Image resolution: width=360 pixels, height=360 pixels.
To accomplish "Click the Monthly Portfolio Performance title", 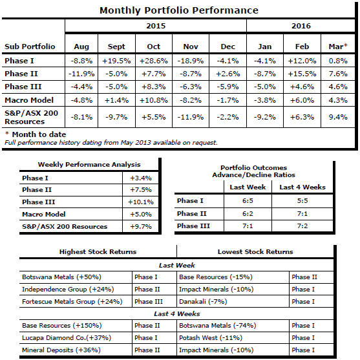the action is coord(179,10).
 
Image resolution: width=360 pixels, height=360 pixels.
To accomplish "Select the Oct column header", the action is coord(154,47).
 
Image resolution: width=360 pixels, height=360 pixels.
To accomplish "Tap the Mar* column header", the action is coord(338,47).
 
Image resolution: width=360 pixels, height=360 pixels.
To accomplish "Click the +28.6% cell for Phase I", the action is coord(154,61).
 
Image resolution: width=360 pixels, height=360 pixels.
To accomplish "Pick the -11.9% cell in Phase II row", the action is coord(81,74).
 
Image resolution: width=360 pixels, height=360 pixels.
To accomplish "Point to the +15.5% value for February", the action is coord(302,74).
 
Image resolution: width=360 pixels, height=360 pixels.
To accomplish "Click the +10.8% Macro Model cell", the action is coord(154,100).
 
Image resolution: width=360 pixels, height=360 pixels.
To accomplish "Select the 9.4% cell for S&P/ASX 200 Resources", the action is coord(338,117).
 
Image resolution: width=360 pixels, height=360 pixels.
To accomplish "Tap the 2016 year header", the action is coord(301,26).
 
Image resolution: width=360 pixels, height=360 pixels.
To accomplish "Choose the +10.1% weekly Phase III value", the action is coord(141,202).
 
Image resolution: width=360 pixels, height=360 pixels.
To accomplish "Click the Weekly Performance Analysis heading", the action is coord(89,165).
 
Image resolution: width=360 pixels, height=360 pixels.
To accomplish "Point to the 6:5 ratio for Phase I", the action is coord(248,200).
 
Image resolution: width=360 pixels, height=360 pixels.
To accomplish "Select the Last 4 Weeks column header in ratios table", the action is coord(302,187).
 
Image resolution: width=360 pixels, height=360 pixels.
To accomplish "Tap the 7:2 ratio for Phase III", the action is coord(302,226).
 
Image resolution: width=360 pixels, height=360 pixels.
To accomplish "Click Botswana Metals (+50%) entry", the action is coord(61,277).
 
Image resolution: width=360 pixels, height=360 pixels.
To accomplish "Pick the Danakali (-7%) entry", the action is coord(203,301).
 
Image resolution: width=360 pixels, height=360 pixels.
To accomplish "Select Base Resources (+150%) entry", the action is coord(62,326).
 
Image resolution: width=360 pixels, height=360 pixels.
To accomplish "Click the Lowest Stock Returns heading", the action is coord(255,252).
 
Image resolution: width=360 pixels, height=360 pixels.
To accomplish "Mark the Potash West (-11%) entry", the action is coord(211,338).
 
